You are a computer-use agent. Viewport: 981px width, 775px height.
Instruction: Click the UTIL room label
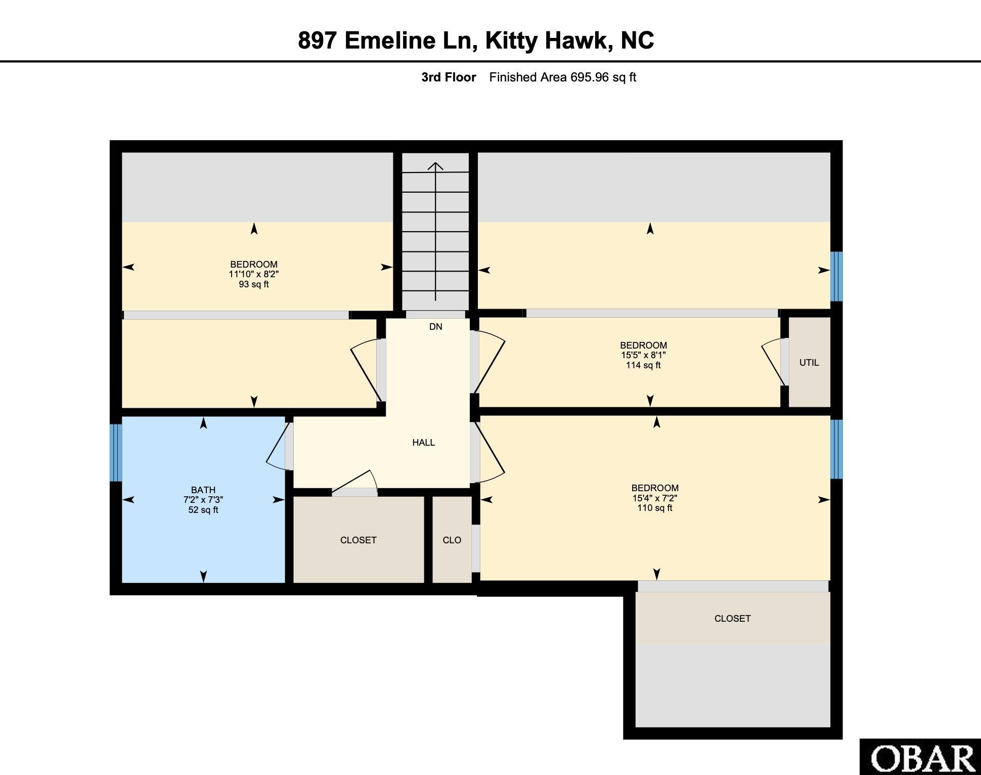(809, 363)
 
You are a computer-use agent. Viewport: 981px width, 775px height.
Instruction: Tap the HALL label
(424, 443)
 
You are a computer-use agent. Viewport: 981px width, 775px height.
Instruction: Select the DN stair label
(436, 327)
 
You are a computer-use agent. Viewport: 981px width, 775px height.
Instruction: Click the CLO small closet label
(452, 540)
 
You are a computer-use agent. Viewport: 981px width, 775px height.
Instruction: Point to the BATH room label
(203, 490)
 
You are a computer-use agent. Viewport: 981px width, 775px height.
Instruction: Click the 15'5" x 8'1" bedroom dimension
(643, 355)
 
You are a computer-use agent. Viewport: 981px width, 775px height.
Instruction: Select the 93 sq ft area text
(254, 284)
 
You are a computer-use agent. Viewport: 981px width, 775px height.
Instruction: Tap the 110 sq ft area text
(655, 508)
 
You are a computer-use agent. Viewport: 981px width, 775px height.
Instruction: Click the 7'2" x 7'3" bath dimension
(203, 500)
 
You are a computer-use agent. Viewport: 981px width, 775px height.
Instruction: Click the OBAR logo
(920, 757)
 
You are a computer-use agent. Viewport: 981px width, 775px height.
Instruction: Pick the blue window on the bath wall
(116, 452)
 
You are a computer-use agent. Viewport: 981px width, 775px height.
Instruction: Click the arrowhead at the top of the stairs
(435, 165)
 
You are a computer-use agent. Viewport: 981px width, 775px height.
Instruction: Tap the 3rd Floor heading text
(449, 77)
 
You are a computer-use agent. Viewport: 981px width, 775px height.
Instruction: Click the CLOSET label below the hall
(359, 540)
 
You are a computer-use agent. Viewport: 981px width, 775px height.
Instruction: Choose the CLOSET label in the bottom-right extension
(733, 619)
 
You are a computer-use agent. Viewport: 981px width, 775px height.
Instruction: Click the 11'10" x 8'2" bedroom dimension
(254, 274)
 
